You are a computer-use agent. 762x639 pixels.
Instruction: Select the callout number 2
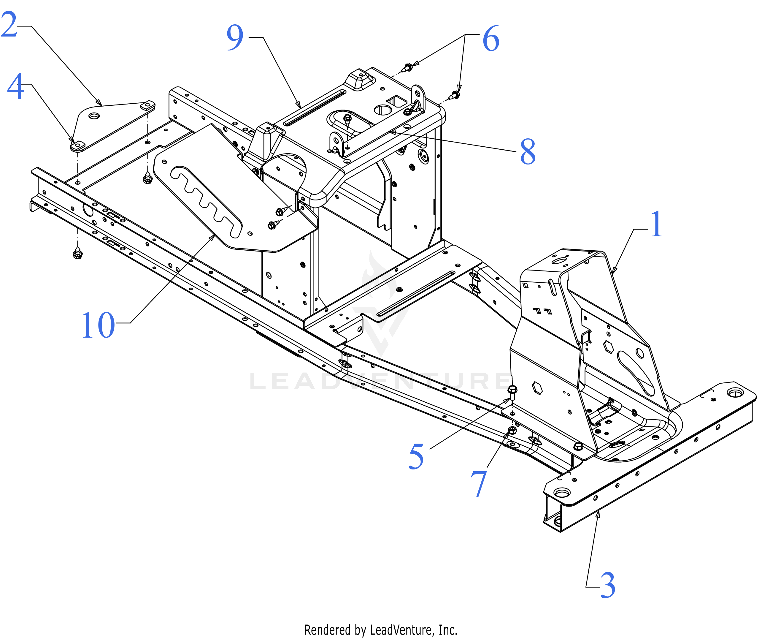(x=9, y=25)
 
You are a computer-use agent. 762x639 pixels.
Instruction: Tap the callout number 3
(x=608, y=585)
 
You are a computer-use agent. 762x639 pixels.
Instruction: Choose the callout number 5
(x=416, y=456)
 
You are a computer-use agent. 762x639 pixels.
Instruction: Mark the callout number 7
(x=479, y=484)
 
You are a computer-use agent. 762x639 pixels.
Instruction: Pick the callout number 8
(x=528, y=151)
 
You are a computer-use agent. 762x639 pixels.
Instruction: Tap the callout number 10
(x=98, y=325)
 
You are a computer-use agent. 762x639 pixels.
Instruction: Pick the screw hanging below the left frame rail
(x=77, y=253)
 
